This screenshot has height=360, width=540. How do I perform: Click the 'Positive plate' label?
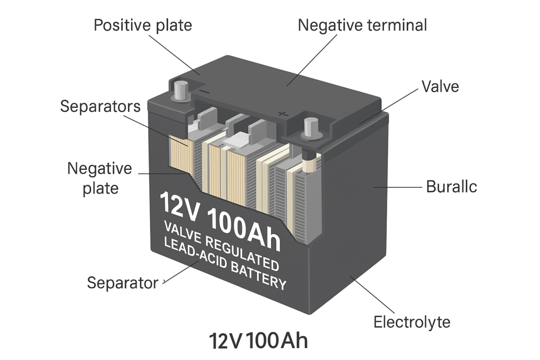pos(142,25)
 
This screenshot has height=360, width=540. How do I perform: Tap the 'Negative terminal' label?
pos(362,25)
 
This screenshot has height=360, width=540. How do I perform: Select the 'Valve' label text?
pos(440,86)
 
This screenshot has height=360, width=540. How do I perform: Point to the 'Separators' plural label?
pos(100,106)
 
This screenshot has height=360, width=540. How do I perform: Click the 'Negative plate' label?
pos(100,178)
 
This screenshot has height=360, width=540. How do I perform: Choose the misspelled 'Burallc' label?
pos(451,187)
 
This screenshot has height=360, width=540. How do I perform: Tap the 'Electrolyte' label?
pos(412,322)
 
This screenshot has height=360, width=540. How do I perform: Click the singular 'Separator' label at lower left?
pos(122,283)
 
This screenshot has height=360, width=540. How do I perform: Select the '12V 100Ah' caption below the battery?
pos(258,341)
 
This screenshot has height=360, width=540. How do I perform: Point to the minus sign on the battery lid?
pos(205,91)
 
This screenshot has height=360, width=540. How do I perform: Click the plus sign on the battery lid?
pos(282,112)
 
